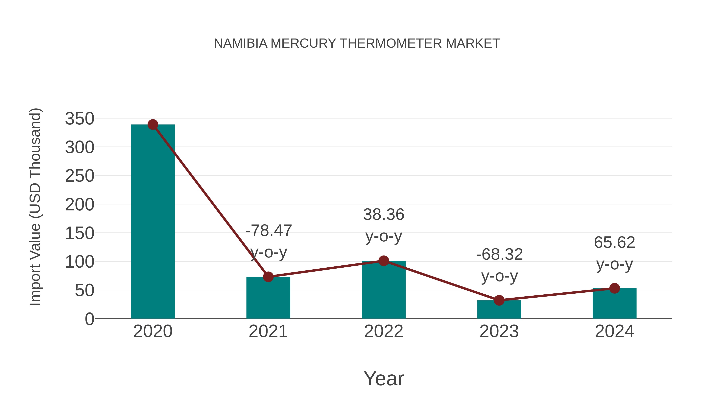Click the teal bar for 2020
click(x=153, y=222)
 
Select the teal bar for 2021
click(x=268, y=298)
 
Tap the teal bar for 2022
click(x=384, y=290)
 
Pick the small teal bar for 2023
click(x=499, y=310)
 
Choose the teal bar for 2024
click(x=614, y=304)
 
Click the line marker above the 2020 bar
click(x=153, y=124)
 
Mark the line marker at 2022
click(x=384, y=261)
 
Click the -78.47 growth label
click(x=269, y=230)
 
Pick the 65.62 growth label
click(x=614, y=242)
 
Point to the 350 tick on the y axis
click(x=80, y=119)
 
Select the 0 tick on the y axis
click(x=89, y=319)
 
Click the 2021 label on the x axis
click(x=268, y=331)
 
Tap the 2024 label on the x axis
click(x=614, y=331)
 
